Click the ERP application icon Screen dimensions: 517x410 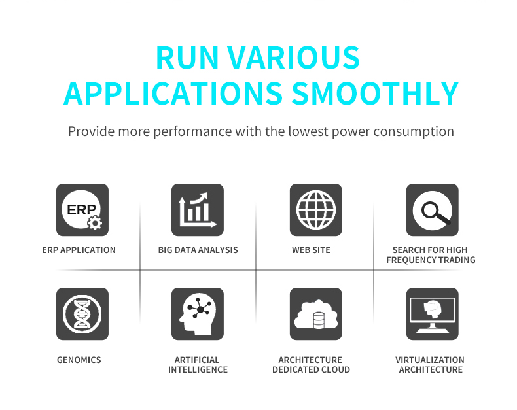pyautogui.click(x=82, y=210)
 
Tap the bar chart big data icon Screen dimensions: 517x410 pyautogui.click(x=198, y=210)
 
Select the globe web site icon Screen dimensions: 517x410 pyautogui.click(x=316, y=210)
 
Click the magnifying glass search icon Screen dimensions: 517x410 pyautogui.click(x=433, y=210)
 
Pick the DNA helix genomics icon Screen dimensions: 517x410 pyautogui.click(x=82, y=314)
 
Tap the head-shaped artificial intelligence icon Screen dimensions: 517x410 pyautogui.click(x=198, y=314)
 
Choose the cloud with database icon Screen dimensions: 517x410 pyautogui.click(x=316, y=314)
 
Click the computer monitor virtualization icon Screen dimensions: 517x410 pyautogui.click(x=433, y=314)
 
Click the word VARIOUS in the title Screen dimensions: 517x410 pyautogui.click(x=293, y=58)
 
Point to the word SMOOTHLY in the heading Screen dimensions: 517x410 pyautogui.click(x=375, y=94)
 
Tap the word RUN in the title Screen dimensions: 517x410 pyautogui.click(x=187, y=58)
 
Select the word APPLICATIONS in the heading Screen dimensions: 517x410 pyautogui.click(x=173, y=94)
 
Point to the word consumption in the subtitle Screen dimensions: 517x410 pyautogui.click(x=414, y=132)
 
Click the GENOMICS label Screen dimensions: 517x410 pyautogui.click(x=79, y=360)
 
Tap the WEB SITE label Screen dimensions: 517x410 pyautogui.click(x=311, y=250)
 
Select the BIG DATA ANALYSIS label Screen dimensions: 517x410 pyautogui.click(x=198, y=250)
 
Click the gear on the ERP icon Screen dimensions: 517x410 pyautogui.click(x=95, y=223)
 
